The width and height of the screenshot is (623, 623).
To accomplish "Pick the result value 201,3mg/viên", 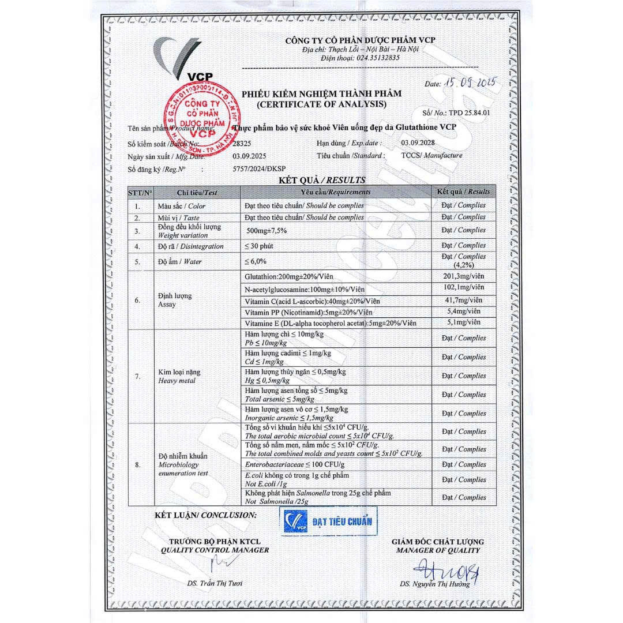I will (x=463, y=277).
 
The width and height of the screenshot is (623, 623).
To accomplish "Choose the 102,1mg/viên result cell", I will (x=463, y=288).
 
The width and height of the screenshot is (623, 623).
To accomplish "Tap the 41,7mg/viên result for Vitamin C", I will (x=463, y=301).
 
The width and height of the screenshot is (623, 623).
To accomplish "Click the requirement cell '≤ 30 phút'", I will (x=259, y=246).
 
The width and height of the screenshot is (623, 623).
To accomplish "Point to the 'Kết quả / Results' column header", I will (x=463, y=192).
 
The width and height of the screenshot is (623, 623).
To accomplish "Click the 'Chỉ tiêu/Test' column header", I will (x=197, y=192).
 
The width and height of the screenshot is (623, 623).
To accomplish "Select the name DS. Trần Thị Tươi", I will (x=215, y=583).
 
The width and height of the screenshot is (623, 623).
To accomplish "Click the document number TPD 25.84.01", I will (x=469, y=113).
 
